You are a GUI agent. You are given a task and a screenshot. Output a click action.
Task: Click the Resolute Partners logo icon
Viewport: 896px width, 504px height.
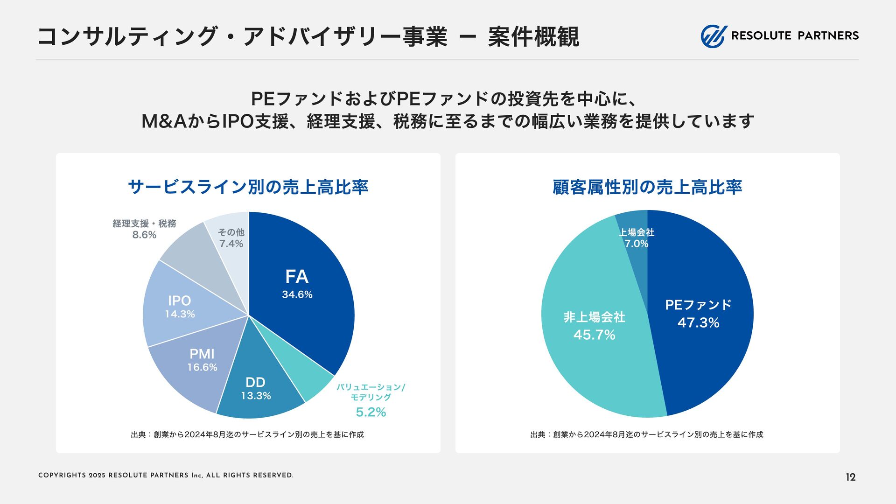714,36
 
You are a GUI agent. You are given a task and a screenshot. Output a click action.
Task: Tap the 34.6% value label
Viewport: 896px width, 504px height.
297,294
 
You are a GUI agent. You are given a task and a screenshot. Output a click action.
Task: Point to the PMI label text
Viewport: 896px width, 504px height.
202,354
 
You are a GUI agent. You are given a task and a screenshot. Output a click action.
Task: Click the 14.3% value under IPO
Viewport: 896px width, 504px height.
180,314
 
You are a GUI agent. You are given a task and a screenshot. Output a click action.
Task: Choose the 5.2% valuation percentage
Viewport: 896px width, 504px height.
371,412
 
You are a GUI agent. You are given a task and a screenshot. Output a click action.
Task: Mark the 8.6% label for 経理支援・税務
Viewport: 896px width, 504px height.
144,235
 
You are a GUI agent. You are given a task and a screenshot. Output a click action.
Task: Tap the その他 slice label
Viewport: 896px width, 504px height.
231,232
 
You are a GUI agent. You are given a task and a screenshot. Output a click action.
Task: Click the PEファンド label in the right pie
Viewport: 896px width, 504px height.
698,305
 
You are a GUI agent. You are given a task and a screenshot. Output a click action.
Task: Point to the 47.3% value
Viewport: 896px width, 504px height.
698,323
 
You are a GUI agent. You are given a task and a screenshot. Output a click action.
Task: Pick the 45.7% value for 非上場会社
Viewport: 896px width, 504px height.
594,335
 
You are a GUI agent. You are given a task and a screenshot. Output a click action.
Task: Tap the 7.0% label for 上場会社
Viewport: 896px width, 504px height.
637,244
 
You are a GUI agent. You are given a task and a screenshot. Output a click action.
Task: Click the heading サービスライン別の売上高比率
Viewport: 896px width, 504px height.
248,187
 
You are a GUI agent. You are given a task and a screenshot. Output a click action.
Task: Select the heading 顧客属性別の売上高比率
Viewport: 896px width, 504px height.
647,187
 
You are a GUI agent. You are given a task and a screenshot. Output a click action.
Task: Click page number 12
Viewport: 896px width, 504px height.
850,477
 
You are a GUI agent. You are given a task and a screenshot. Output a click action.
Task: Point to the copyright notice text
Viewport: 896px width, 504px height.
166,476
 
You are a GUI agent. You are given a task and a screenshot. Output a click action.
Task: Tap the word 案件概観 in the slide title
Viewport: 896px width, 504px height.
533,37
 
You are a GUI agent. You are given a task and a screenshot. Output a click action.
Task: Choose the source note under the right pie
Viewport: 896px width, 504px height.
646,434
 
